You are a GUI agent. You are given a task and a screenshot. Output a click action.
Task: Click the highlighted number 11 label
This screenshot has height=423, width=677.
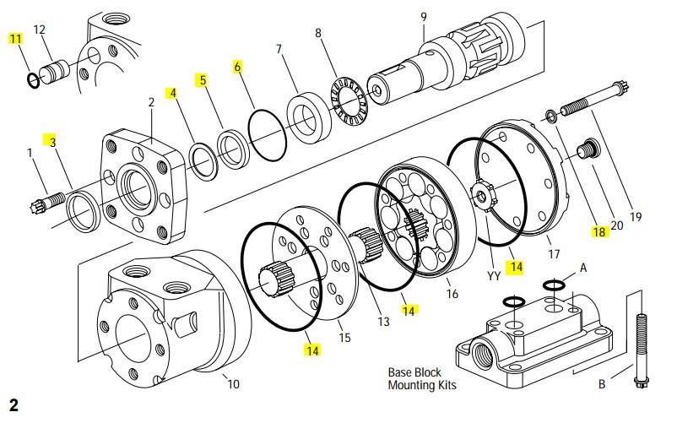tap(15, 39)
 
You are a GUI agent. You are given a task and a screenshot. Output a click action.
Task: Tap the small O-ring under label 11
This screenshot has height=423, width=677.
tap(34, 80)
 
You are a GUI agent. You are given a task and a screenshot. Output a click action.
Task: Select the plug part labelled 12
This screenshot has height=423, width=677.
tap(55, 71)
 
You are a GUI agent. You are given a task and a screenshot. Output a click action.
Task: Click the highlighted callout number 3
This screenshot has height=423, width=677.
tap(52, 142)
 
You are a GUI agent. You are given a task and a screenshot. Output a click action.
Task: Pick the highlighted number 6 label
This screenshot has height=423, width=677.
tap(237, 67)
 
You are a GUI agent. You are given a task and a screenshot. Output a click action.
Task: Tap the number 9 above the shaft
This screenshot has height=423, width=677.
tap(424, 17)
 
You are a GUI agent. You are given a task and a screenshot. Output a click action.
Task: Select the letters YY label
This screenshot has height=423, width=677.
tap(494, 276)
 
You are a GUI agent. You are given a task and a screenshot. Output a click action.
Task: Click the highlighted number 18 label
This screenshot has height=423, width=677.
tap(598, 232)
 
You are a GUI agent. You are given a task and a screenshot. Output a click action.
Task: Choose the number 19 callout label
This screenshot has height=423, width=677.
tap(636, 217)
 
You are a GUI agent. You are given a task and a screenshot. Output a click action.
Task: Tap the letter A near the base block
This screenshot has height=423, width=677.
tap(583, 268)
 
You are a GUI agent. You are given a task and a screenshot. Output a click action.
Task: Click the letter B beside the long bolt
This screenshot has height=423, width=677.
tap(602, 383)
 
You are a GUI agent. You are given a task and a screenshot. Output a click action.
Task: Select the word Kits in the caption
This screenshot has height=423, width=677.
tap(447, 385)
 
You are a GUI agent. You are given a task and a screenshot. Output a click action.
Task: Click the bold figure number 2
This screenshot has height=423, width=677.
tap(14, 405)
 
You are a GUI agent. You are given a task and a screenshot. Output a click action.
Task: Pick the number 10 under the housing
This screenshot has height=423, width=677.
tap(233, 383)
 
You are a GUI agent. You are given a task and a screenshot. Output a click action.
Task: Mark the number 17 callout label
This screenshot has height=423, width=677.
tap(554, 254)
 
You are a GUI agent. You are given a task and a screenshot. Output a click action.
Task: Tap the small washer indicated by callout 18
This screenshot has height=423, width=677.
tap(551, 116)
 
